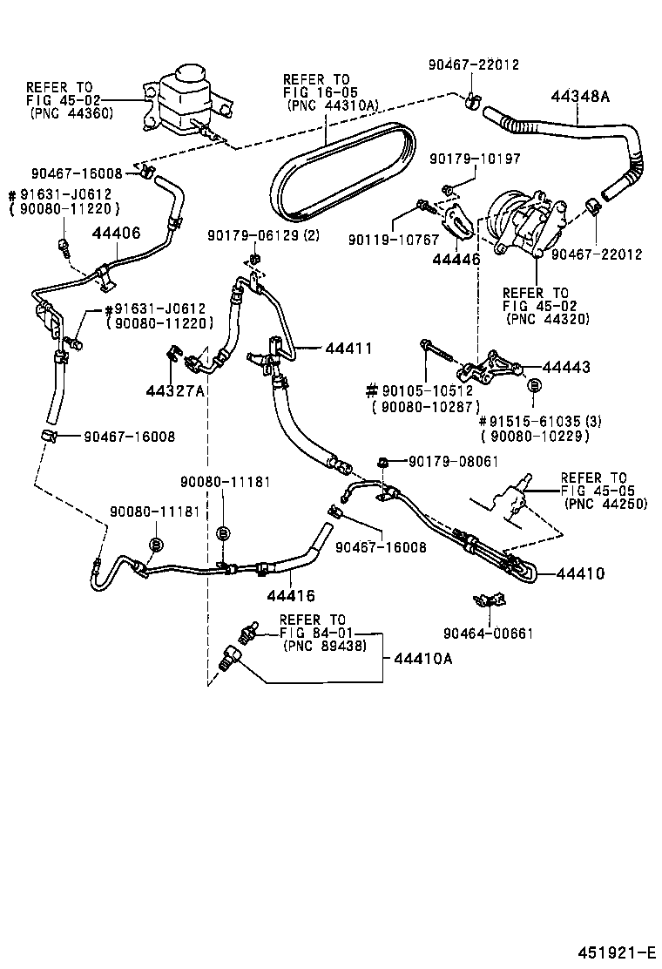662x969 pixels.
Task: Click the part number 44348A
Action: [x=579, y=98]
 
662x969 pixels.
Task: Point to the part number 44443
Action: [x=566, y=368]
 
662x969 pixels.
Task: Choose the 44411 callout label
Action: [x=348, y=349]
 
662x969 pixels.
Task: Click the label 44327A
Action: [x=174, y=390]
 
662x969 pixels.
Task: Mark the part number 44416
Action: [x=289, y=595]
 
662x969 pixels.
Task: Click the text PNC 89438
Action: [x=321, y=646]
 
